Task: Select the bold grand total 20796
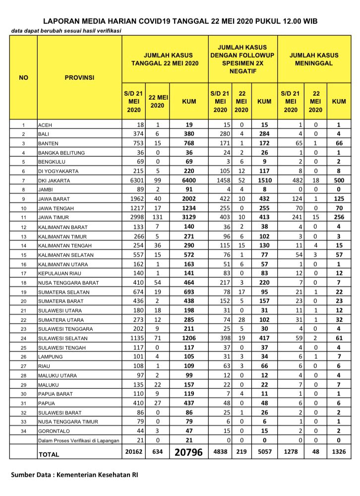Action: [188, 452]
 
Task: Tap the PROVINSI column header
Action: [79, 77]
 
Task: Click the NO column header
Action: [23, 77]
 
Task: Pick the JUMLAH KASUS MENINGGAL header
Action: [314, 60]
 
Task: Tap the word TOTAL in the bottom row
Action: [49, 454]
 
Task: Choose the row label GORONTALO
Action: [53, 431]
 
